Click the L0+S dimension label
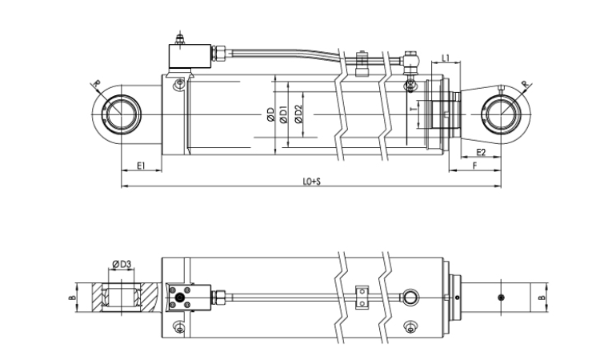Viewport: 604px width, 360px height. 312,182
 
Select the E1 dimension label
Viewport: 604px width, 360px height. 141,166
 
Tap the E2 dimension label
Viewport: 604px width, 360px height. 481,152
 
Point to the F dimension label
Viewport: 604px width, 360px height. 475,166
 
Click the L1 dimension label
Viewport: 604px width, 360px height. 446,58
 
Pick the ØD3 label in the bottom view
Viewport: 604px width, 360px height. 122,264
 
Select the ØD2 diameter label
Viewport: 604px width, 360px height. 298,114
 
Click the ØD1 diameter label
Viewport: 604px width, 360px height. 284,114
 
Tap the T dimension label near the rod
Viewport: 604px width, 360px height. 414,110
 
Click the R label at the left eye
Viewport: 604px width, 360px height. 97,83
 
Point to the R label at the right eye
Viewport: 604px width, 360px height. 525,84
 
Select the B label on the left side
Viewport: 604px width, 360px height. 71,298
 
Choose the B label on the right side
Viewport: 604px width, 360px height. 542,298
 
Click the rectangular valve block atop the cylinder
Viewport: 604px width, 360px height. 190,56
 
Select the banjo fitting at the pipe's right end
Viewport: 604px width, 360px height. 410,62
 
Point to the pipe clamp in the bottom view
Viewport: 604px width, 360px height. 362,297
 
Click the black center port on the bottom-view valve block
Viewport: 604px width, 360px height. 179,298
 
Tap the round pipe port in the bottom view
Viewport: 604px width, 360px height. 410,298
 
